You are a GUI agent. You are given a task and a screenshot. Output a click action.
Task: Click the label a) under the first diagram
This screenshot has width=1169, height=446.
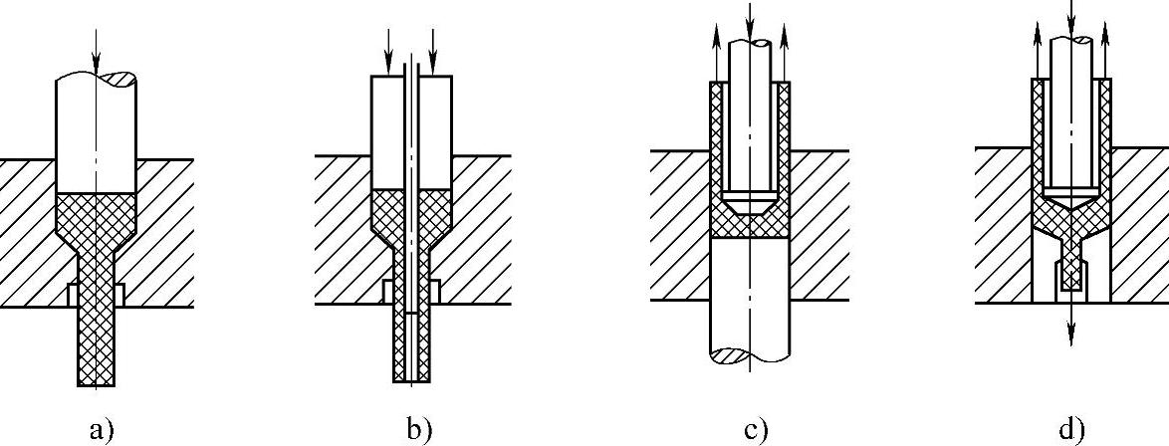[102, 430]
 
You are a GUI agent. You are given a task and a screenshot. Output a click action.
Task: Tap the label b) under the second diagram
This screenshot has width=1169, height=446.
[419, 430]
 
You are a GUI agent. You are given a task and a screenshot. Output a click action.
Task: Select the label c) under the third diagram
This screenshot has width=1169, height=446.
[755, 430]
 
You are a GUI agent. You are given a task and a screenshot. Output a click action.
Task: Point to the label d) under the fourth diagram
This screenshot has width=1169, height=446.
[1071, 430]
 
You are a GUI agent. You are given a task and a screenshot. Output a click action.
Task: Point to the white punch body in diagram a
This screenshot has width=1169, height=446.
[95, 139]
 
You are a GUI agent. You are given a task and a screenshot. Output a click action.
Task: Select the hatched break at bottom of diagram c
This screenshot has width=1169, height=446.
[737, 353]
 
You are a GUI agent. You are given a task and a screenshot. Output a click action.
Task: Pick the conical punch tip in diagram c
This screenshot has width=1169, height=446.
[750, 203]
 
